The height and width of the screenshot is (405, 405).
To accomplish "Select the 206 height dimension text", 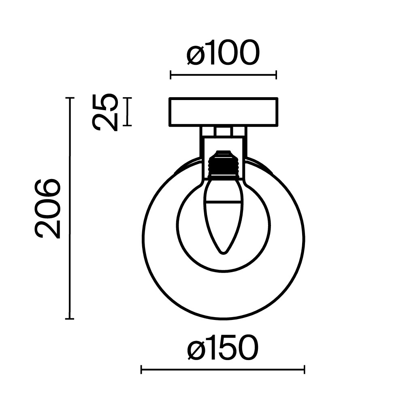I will (x=48, y=209).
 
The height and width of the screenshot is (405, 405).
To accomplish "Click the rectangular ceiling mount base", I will (x=223, y=112).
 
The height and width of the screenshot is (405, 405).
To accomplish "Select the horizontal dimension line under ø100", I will (x=223, y=75).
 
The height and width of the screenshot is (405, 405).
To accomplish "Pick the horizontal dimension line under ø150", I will (x=223, y=369).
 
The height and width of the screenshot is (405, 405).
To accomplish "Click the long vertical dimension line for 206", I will (x=70, y=209).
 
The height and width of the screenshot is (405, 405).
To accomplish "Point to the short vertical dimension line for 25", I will (x=128, y=112).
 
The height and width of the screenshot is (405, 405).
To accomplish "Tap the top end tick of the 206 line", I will (x=70, y=98).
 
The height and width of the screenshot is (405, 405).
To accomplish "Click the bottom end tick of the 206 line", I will (x=70, y=319).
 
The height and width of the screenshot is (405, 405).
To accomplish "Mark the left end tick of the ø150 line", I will (x=141, y=369).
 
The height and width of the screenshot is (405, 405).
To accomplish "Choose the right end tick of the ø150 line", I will (x=304, y=369).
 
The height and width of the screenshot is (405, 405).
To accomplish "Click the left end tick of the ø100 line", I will (x=171, y=75).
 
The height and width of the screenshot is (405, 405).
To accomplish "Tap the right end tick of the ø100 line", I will (x=276, y=75).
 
